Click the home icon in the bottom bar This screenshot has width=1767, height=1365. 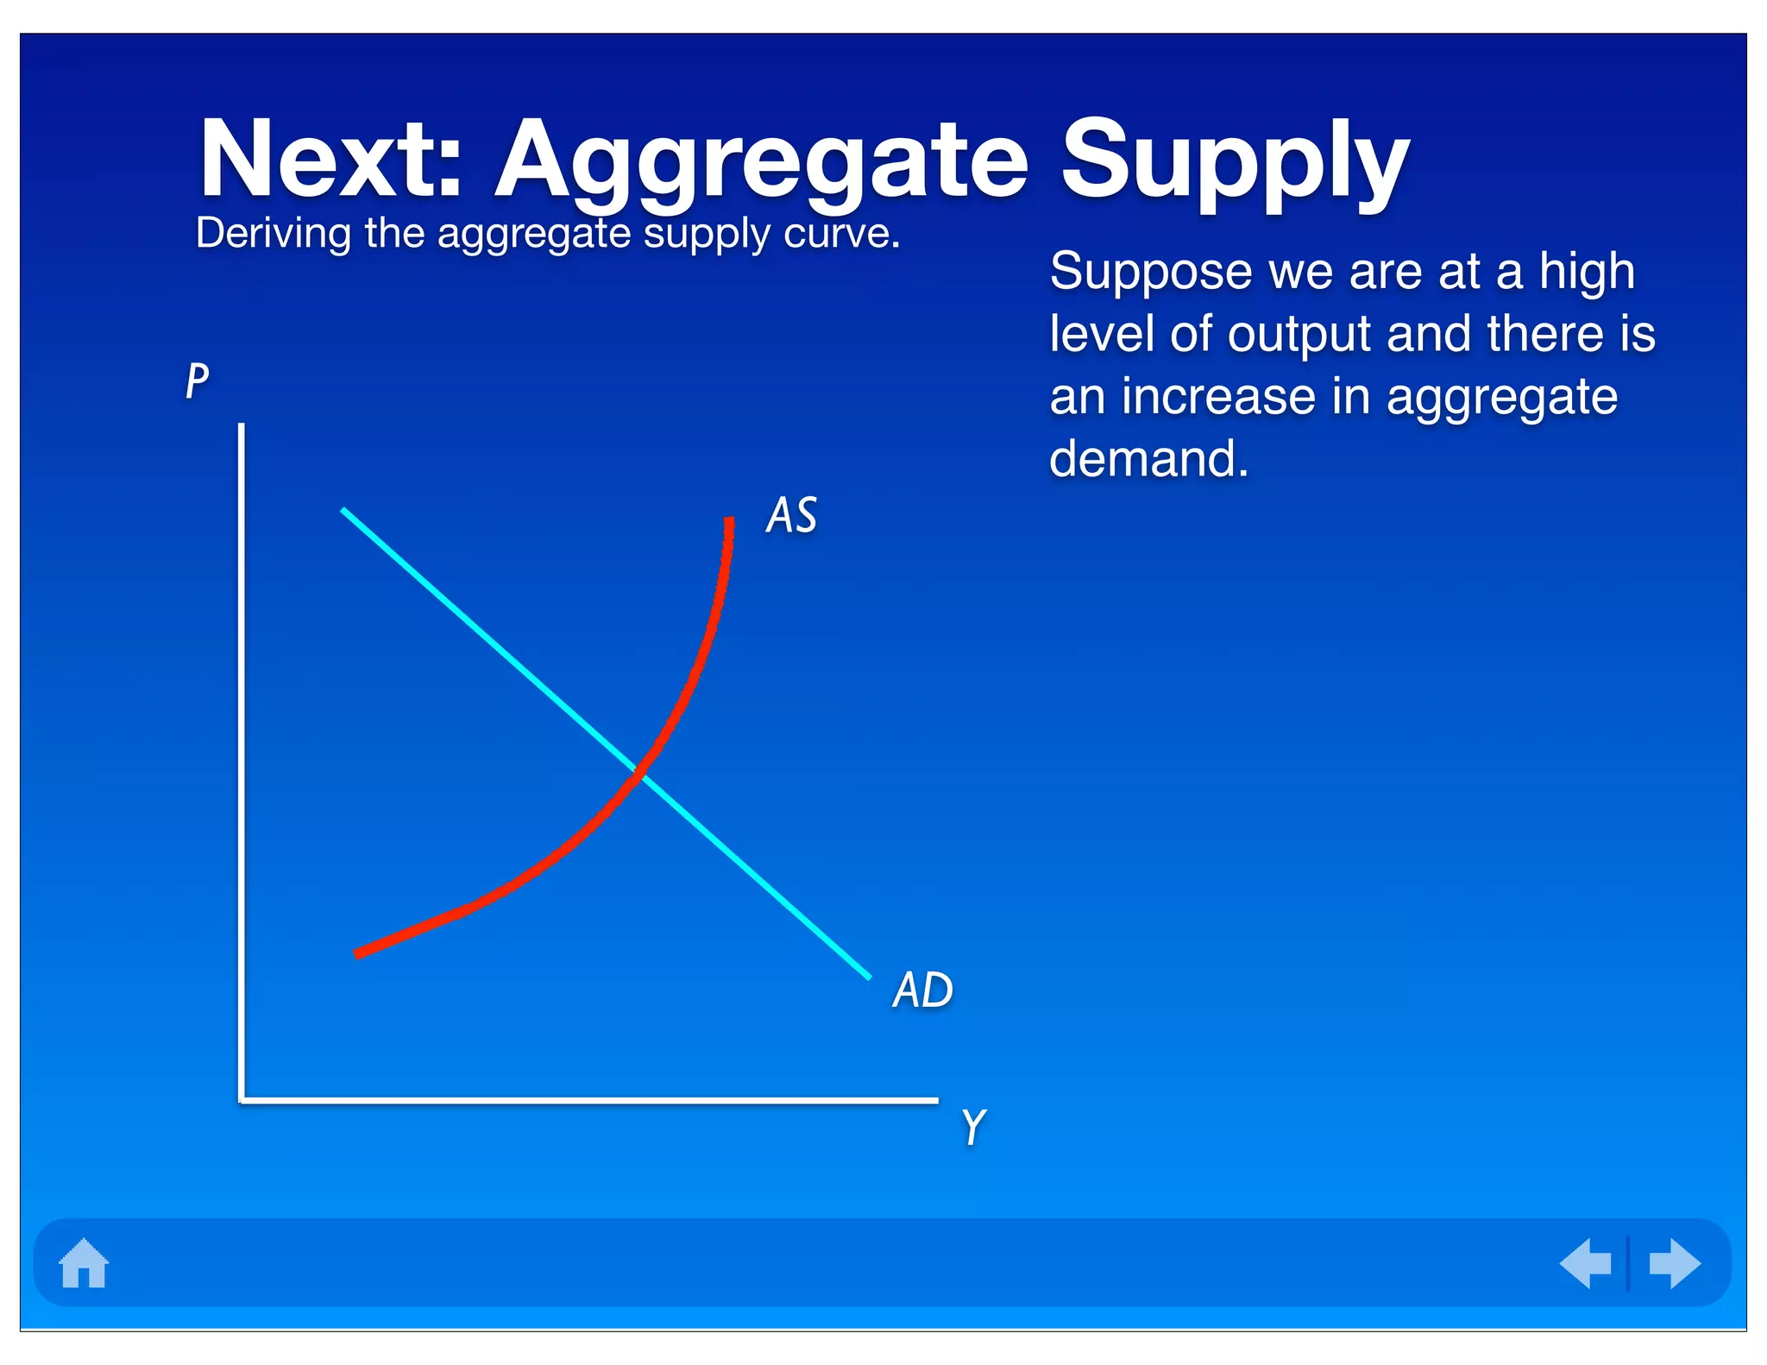84,1263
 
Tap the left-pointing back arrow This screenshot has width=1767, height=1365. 1586,1263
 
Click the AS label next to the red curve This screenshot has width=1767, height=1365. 791,515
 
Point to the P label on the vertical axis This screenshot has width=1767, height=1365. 198,380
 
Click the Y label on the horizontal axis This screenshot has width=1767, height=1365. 973,1127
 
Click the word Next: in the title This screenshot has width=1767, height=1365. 332,160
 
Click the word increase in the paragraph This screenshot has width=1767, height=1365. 1217,397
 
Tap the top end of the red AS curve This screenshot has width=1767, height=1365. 730,520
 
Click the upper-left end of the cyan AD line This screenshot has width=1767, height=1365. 344,511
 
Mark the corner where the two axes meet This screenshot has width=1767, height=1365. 242,1100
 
